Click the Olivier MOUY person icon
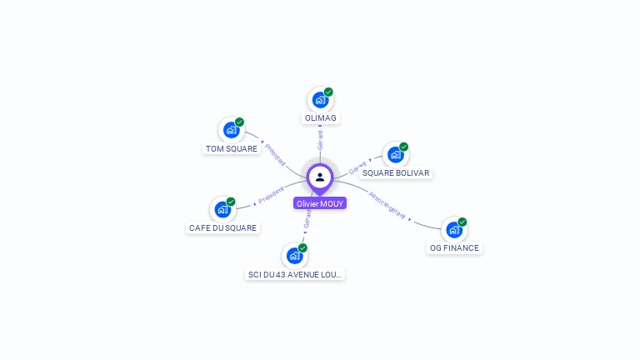[320, 177]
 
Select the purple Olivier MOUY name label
[320, 203]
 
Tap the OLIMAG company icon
[320, 100]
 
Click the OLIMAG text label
[321, 118]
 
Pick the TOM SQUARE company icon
[231, 130]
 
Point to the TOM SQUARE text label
[232, 149]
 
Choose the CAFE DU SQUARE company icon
[222, 209]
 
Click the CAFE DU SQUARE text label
[223, 228]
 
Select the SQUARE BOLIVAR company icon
[395, 155]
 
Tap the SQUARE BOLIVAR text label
[396, 173]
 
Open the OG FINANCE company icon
[453, 229]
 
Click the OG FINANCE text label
[454, 248]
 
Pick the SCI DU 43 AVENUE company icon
[294, 255]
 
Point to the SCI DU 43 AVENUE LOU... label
[295, 274]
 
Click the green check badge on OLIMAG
[328, 92]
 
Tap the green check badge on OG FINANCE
[462, 222]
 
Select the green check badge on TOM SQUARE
[239, 122]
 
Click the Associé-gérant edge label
[387, 205]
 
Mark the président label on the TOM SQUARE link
[274, 153]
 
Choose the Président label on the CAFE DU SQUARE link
[272, 196]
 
